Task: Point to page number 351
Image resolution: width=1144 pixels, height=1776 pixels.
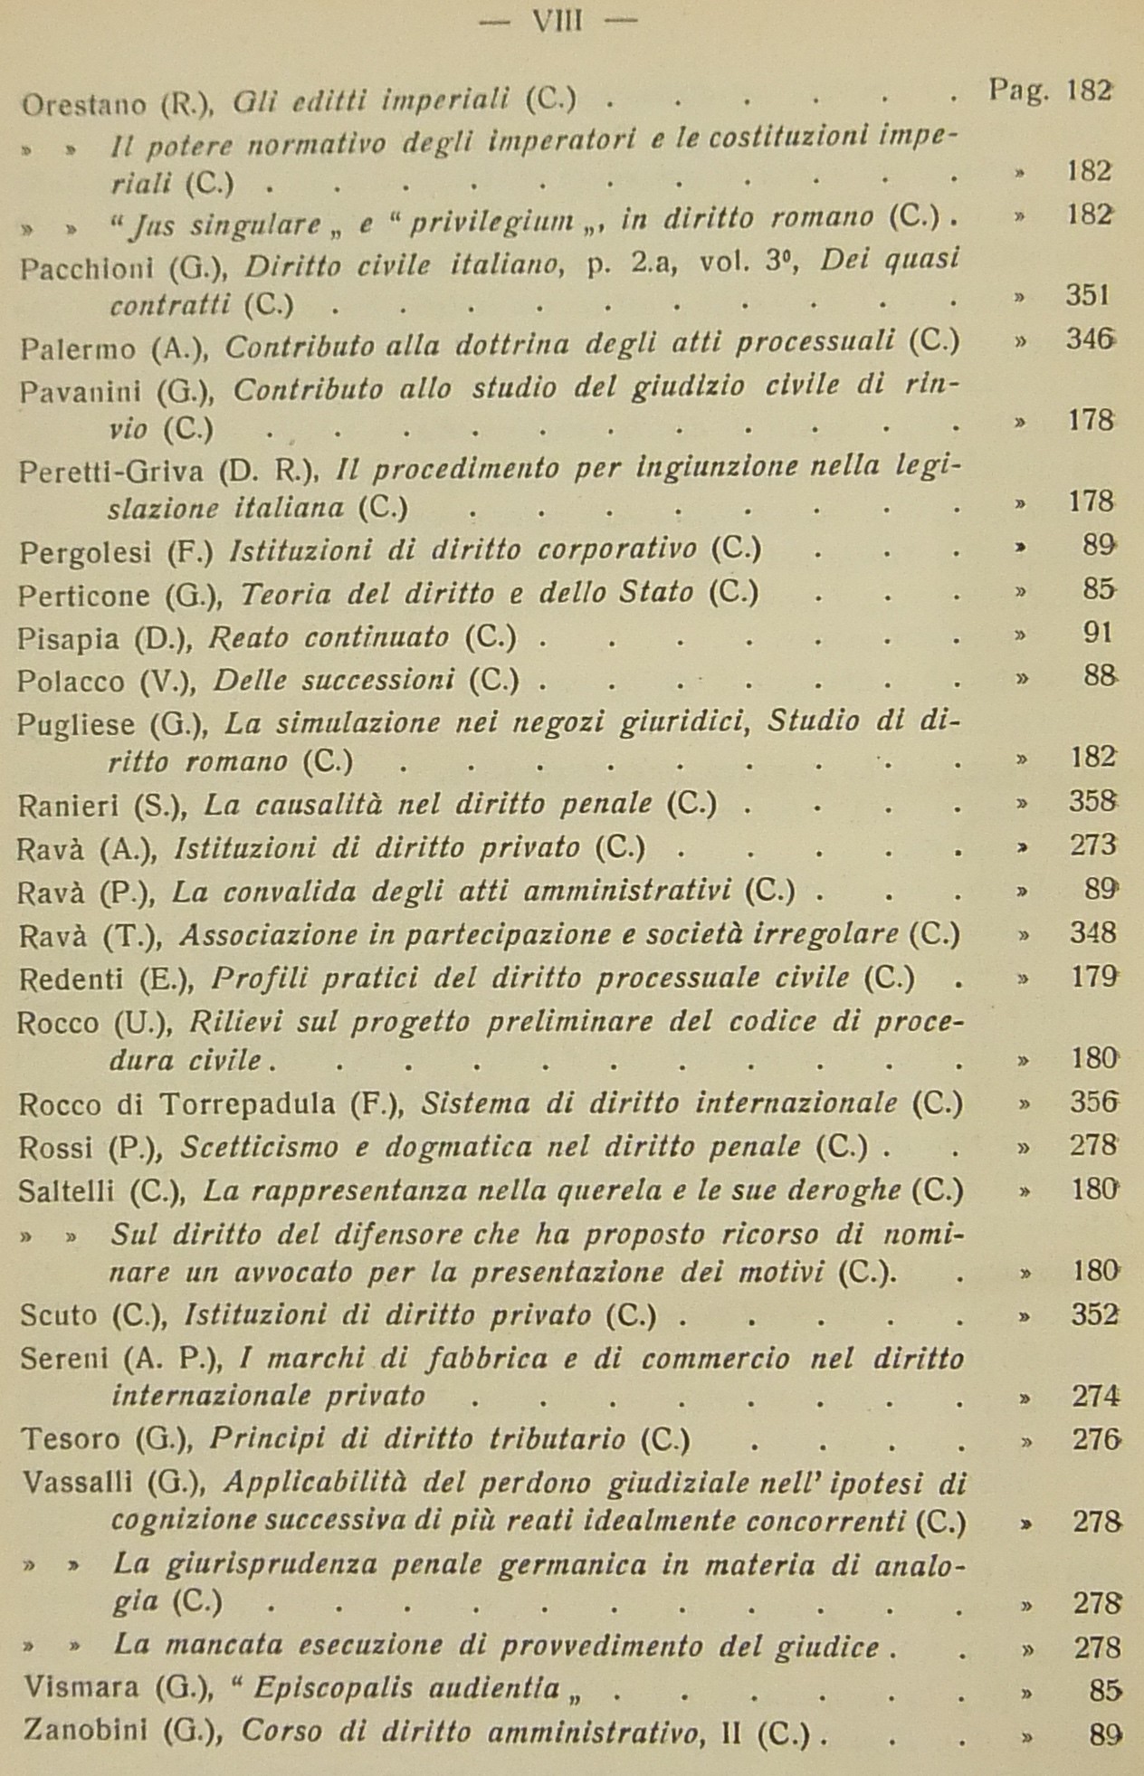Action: coord(1090,296)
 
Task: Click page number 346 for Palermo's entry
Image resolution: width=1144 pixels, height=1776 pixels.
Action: coord(1091,340)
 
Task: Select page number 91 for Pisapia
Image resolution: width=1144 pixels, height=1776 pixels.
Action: coord(1097,633)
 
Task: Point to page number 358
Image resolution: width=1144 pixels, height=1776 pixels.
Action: coord(1092,802)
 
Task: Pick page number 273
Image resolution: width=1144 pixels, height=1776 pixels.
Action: coord(1092,845)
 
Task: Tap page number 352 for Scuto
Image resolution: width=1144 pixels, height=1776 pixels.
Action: coord(1094,1313)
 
